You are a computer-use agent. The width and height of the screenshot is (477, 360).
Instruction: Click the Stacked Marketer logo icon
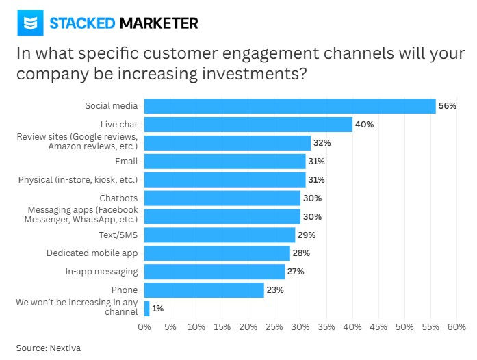[x=29, y=23]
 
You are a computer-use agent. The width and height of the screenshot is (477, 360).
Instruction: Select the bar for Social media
[x=289, y=106]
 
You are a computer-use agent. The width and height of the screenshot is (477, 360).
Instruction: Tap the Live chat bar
[x=248, y=125]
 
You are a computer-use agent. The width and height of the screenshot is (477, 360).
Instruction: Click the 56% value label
[x=447, y=106]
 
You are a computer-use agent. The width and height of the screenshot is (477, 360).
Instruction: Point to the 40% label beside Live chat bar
[x=364, y=125]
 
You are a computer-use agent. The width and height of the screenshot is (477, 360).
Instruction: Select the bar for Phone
[x=204, y=290]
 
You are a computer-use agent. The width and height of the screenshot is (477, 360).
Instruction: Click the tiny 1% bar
[x=146, y=309]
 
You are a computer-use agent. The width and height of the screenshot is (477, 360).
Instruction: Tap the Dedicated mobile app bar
[x=217, y=253]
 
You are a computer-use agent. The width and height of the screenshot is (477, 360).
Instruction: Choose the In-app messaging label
[x=101, y=272]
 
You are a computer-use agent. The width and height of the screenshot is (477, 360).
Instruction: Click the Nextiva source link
[x=65, y=348]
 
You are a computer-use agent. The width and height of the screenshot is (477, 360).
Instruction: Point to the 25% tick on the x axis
[x=274, y=327]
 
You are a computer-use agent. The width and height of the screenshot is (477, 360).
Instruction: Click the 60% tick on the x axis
[x=456, y=327]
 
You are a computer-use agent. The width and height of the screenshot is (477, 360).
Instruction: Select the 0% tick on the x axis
[x=144, y=327]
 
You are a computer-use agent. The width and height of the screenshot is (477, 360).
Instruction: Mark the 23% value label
[x=275, y=290]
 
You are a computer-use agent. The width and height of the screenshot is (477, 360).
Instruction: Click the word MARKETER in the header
[x=159, y=23]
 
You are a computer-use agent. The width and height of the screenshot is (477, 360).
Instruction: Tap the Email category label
[x=126, y=161]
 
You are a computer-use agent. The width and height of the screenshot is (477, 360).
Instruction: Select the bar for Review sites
[x=227, y=143]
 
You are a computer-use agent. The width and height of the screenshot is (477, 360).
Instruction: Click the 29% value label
[x=307, y=235]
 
